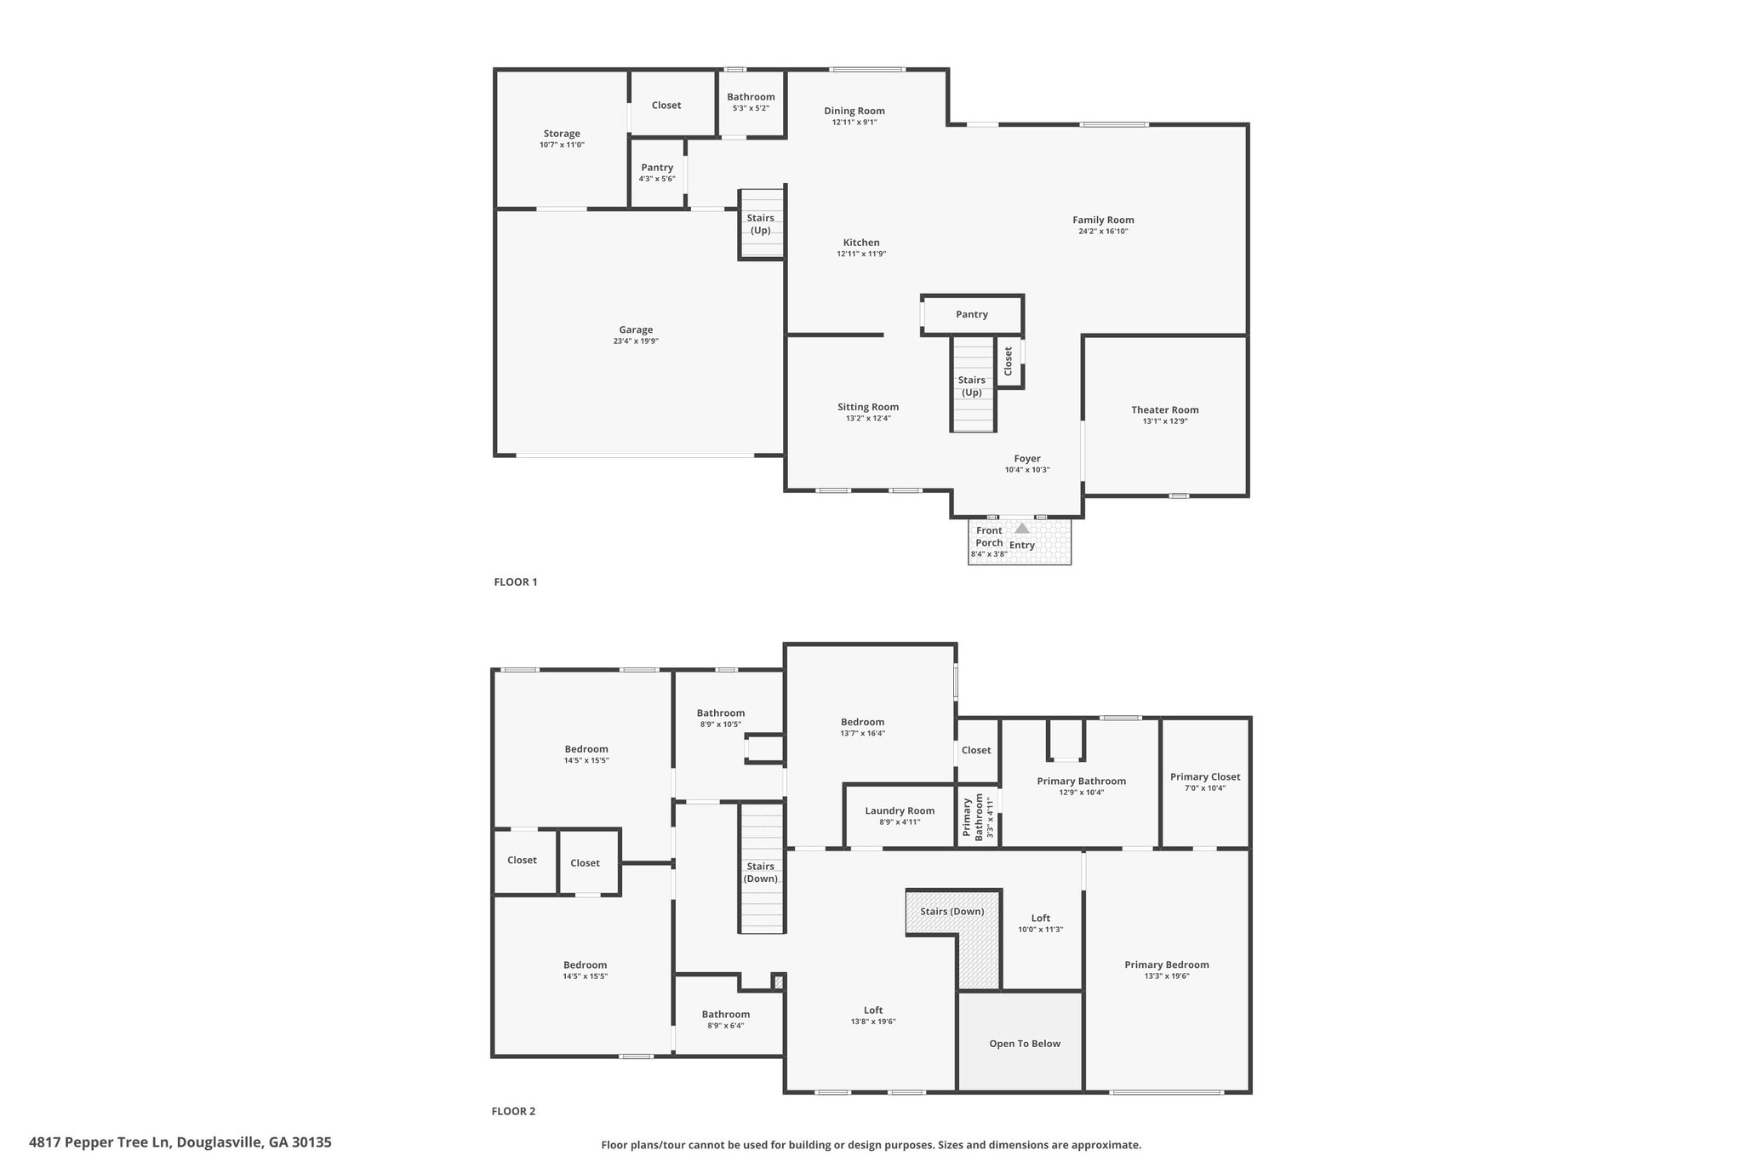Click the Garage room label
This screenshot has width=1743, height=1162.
[636, 329]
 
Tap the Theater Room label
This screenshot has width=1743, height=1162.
[1165, 409]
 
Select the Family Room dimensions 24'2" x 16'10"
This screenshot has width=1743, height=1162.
[1103, 232]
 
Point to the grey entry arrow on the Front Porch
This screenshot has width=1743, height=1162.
[1021, 528]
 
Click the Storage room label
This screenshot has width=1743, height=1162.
[562, 134]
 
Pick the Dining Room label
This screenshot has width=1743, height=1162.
[854, 111]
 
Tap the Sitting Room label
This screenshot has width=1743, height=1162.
[868, 407]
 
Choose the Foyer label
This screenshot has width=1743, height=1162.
[1027, 459]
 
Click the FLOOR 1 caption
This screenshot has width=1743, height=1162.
[516, 582]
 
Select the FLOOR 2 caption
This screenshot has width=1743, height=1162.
[513, 1111]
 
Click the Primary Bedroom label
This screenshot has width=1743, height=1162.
[1167, 965]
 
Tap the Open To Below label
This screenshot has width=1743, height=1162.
[1025, 1044]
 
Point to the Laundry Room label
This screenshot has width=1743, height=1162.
[900, 811]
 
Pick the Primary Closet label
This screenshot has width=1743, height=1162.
[1205, 776]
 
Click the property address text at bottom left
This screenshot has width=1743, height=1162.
[180, 1142]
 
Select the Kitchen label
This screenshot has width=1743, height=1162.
[861, 243]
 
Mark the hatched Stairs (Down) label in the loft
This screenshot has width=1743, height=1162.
[952, 911]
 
